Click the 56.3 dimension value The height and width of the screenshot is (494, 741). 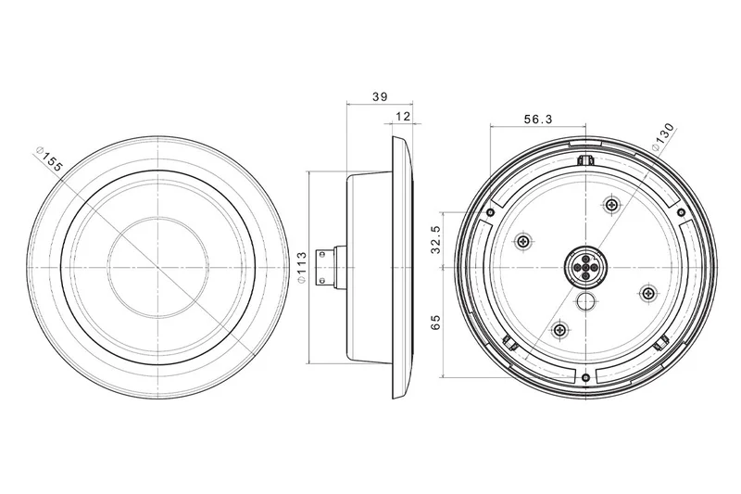point(537,120)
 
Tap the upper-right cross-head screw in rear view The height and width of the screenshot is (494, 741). point(611,205)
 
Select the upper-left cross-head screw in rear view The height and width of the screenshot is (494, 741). point(524,241)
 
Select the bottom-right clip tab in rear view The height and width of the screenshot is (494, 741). point(661,344)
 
